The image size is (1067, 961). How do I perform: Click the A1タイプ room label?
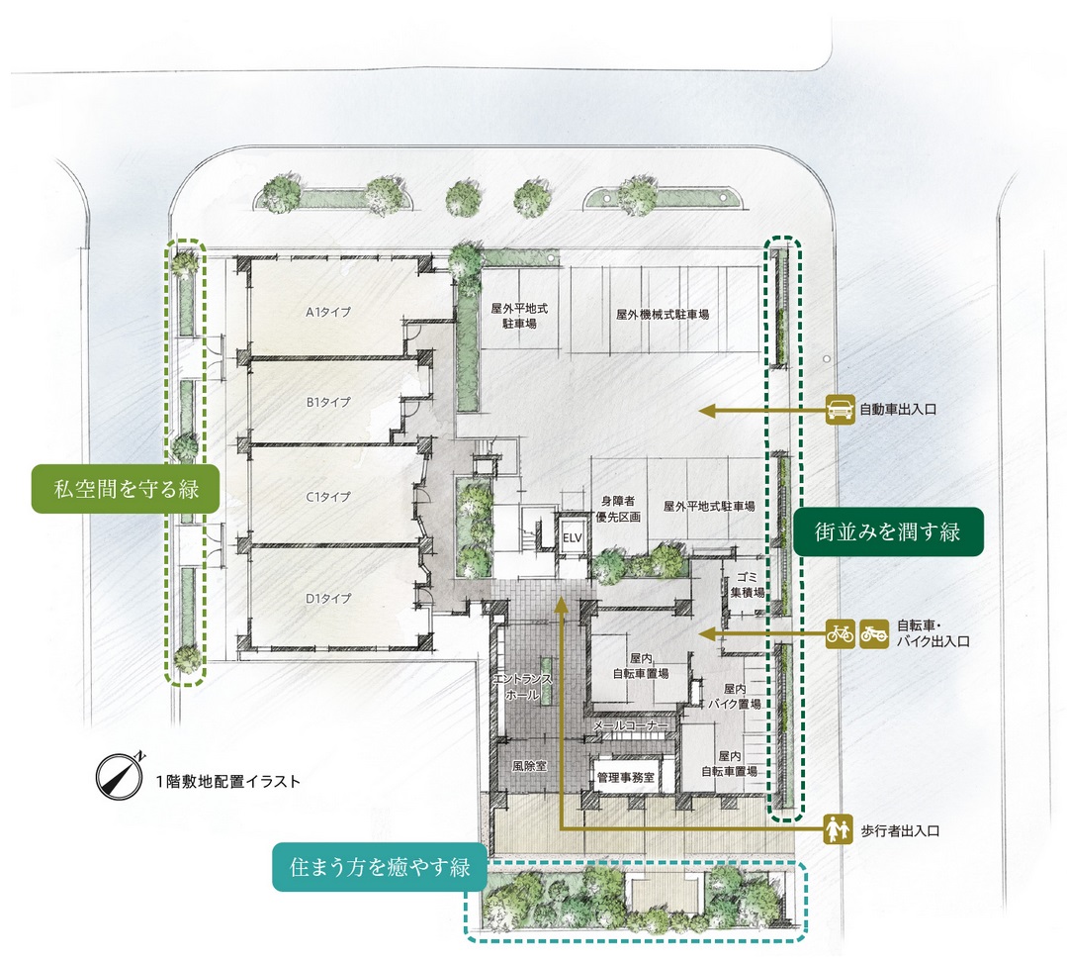(x=328, y=313)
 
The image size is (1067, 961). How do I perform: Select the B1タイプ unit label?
(x=328, y=402)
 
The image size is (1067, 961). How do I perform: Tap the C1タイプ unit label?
(x=328, y=497)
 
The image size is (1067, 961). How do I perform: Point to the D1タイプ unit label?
(x=328, y=598)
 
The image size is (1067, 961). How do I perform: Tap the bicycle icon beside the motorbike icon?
(x=840, y=632)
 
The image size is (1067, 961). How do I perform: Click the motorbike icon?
(x=872, y=632)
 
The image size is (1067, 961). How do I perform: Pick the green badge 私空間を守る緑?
(x=125, y=488)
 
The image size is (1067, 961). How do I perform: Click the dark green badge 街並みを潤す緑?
(x=889, y=532)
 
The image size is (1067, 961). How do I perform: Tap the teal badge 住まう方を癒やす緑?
(x=380, y=867)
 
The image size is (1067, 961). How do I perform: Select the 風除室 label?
(x=530, y=765)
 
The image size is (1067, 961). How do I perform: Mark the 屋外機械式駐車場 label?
(x=663, y=315)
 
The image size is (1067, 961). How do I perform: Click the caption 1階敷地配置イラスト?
(x=227, y=781)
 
